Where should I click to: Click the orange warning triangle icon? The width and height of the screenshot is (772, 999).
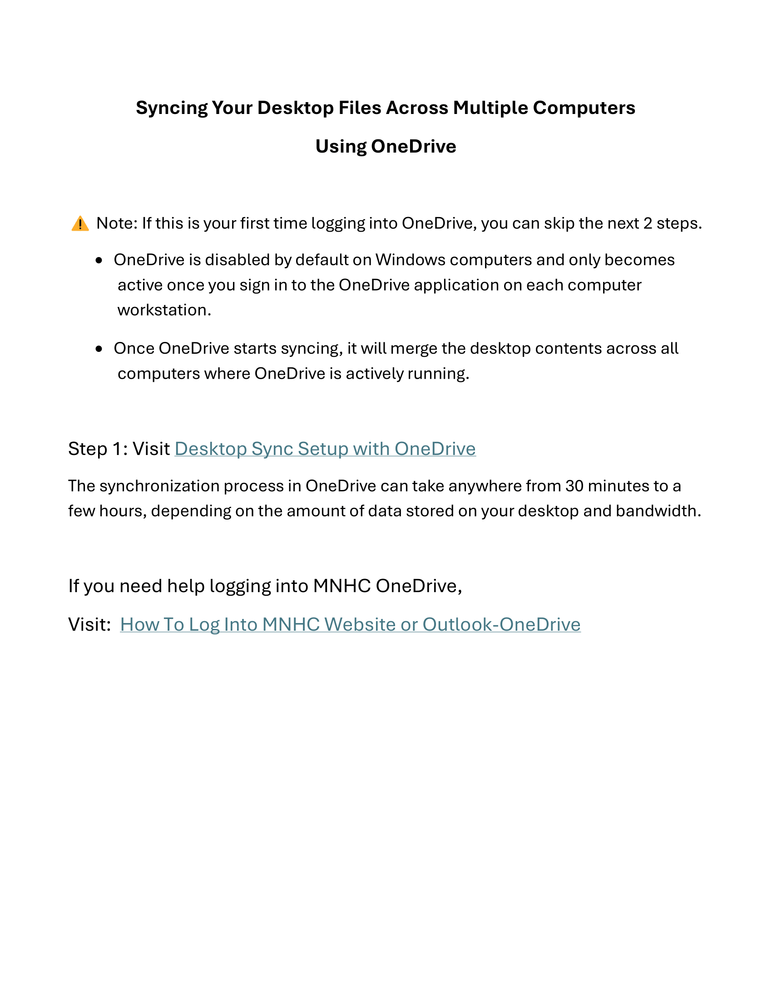tap(80, 224)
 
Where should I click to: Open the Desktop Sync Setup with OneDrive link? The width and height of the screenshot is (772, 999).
tap(325, 449)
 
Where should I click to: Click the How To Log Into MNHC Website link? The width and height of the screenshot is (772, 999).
tap(350, 624)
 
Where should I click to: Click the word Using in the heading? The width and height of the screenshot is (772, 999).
tap(341, 146)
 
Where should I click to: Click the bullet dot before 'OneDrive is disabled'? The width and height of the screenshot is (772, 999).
tap(99, 261)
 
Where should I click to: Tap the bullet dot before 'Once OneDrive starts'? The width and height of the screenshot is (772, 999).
tap(99, 349)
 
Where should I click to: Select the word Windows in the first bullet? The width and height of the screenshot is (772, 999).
tap(410, 260)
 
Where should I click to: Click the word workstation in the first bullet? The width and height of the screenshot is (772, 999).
tap(164, 310)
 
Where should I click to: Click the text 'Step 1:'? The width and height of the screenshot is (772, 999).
tap(98, 449)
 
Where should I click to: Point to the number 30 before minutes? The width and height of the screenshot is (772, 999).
tap(574, 486)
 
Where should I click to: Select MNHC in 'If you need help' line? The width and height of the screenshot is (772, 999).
tap(341, 586)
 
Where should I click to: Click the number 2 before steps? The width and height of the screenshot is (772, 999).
tap(648, 223)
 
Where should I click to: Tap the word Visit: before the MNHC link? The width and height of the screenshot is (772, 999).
tap(89, 624)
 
